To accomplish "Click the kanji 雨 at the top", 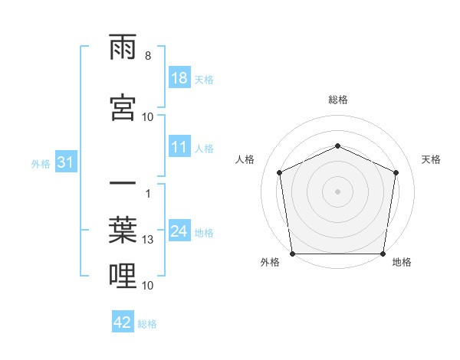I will click(123, 51).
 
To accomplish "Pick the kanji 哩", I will click(123, 277).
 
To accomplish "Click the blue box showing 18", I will click(179, 79).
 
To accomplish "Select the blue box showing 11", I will click(179, 148).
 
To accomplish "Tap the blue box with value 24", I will click(179, 231).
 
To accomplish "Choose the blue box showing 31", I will click(65, 162).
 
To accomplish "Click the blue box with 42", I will click(123, 322).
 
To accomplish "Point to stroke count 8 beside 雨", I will click(147, 56).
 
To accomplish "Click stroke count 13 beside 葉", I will click(148, 240).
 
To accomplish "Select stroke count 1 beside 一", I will click(147, 192).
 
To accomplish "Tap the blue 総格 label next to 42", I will click(147, 324).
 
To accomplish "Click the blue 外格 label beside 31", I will click(41, 163).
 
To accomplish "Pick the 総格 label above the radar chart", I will click(337, 100).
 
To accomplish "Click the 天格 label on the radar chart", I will click(431, 159).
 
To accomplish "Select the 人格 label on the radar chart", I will click(245, 159).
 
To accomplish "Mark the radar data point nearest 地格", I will click(383, 254).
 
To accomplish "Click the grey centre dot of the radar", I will click(337, 191).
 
